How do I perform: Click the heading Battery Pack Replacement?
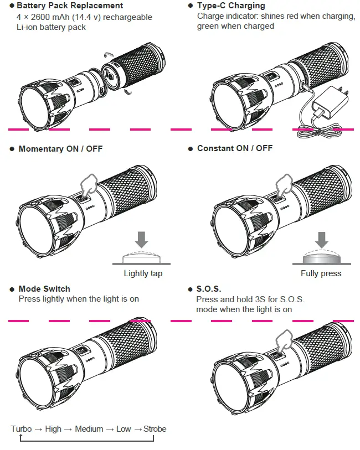coord(70,6)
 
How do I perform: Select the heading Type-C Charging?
coord(231,6)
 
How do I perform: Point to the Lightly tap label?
coord(143,273)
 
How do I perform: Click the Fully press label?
coord(321,273)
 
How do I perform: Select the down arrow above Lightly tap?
coord(142,239)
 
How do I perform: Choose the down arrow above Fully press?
coord(321,239)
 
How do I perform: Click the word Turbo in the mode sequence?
coord(21,429)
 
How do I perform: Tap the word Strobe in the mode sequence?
coord(155,429)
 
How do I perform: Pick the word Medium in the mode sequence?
coord(89,429)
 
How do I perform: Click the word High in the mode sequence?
coord(53,429)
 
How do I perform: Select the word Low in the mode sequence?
coord(124,429)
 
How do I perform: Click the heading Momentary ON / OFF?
coord(60,149)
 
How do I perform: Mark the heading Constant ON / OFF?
coord(235,149)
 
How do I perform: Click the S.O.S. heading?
coord(209,289)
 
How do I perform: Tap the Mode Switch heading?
coord(44,289)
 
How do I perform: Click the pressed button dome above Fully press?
coord(321,258)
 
